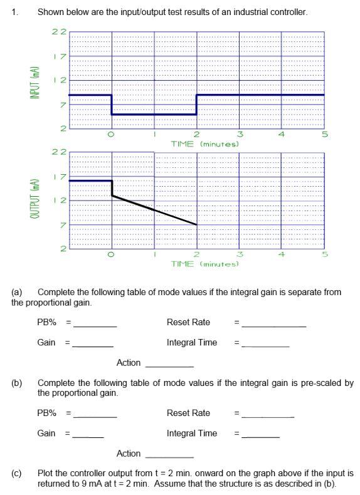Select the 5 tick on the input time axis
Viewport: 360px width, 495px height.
click(x=324, y=134)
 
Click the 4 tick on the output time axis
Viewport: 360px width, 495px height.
click(x=282, y=254)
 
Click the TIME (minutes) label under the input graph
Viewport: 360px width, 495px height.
click(x=205, y=143)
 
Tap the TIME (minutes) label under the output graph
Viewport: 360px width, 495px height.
click(x=205, y=264)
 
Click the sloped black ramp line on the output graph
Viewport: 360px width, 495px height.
click(x=154, y=209)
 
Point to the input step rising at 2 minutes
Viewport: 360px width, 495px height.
click(x=196, y=105)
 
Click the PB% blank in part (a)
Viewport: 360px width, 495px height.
click(x=95, y=325)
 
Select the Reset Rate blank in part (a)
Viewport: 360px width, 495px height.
click(x=274, y=325)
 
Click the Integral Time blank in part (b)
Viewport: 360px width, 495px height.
click(x=261, y=435)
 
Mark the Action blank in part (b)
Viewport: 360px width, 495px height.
click(x=169, y=456)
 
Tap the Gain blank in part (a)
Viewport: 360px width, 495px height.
click(x=93, y=345)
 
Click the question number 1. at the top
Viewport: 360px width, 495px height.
click(x=15, y=12)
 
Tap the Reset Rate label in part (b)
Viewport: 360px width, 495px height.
click(x=188, y=413)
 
